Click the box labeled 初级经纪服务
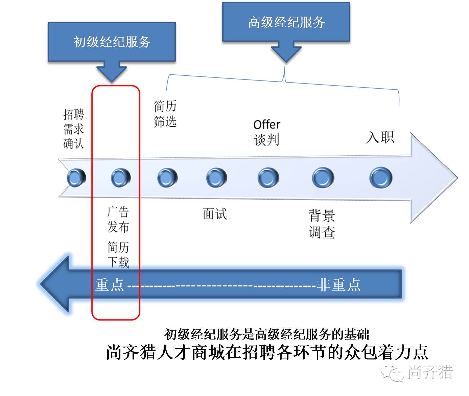pyautogui.click(x=112, y=42)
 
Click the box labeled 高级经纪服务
pyautogui.click(x=286, y=22)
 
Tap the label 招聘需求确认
pyautogui.click(x=73, y=129)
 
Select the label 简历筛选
pyautogui.click(x=165, y=114)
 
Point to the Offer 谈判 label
pyautogui.click(x=267, y=132)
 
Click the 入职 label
pyautogui.click(x=380, y=137)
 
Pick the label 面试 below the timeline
pyautogui.click(x=214, y=214)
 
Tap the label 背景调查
pyautogui.click(x=322, y=224)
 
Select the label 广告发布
pyautogui.click(x=118, y=219)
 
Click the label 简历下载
pyautogui.click(x=118, y=254)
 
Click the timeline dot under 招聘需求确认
pyautogui.click(x=76, y=178)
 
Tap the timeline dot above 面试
pyautogui.click(x=216, y=178)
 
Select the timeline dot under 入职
pyautogui.click(x=381, y=178)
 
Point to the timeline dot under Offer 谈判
pyautogui.click(x=268, y=178)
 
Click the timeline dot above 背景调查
pyautogui.click(x=323, y=178)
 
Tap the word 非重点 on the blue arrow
pyautogui.click(x=338, y=285)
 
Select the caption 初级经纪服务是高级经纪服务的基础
pyautogui.click(x=266, y=334)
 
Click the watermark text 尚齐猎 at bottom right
pyautogui.click(x=430, y=372)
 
